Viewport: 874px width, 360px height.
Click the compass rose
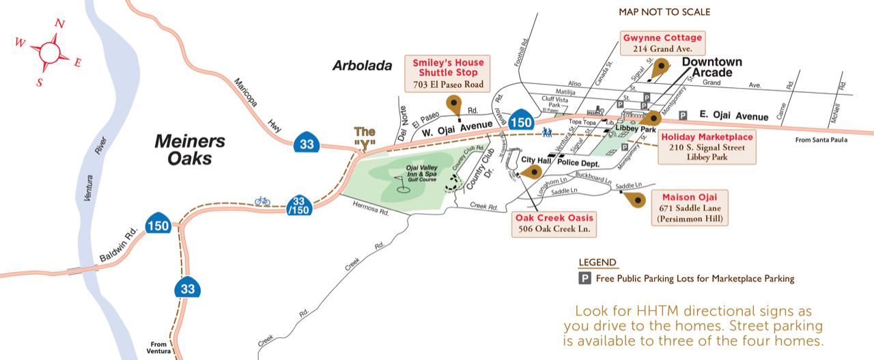(48, 52)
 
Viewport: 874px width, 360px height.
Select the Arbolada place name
(363, 66)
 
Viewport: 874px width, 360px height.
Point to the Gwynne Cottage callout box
(662, 43)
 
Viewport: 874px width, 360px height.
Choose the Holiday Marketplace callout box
(707, 147)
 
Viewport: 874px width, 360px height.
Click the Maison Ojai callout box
(689, 208)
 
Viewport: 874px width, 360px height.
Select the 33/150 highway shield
(298, 206)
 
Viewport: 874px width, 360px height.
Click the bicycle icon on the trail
(262, 201)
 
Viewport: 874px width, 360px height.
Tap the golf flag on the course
(402, 182)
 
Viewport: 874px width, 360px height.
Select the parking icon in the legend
(585, 279)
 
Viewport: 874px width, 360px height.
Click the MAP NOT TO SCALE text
(664, 12)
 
